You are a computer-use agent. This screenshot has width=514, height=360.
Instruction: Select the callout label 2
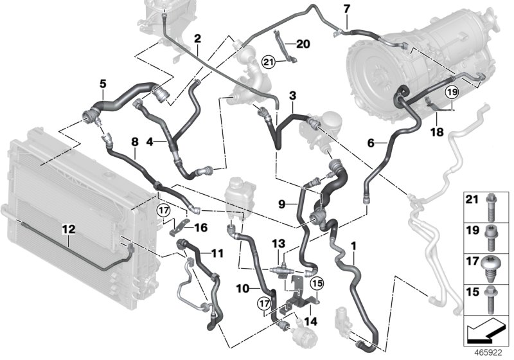(x=197, y=38)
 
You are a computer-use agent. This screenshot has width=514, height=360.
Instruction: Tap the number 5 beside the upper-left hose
(x=102, y=83)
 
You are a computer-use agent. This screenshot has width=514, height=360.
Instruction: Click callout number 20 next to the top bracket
(x=303, y=44)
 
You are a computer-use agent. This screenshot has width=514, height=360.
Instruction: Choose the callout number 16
(x=200, y=227)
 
